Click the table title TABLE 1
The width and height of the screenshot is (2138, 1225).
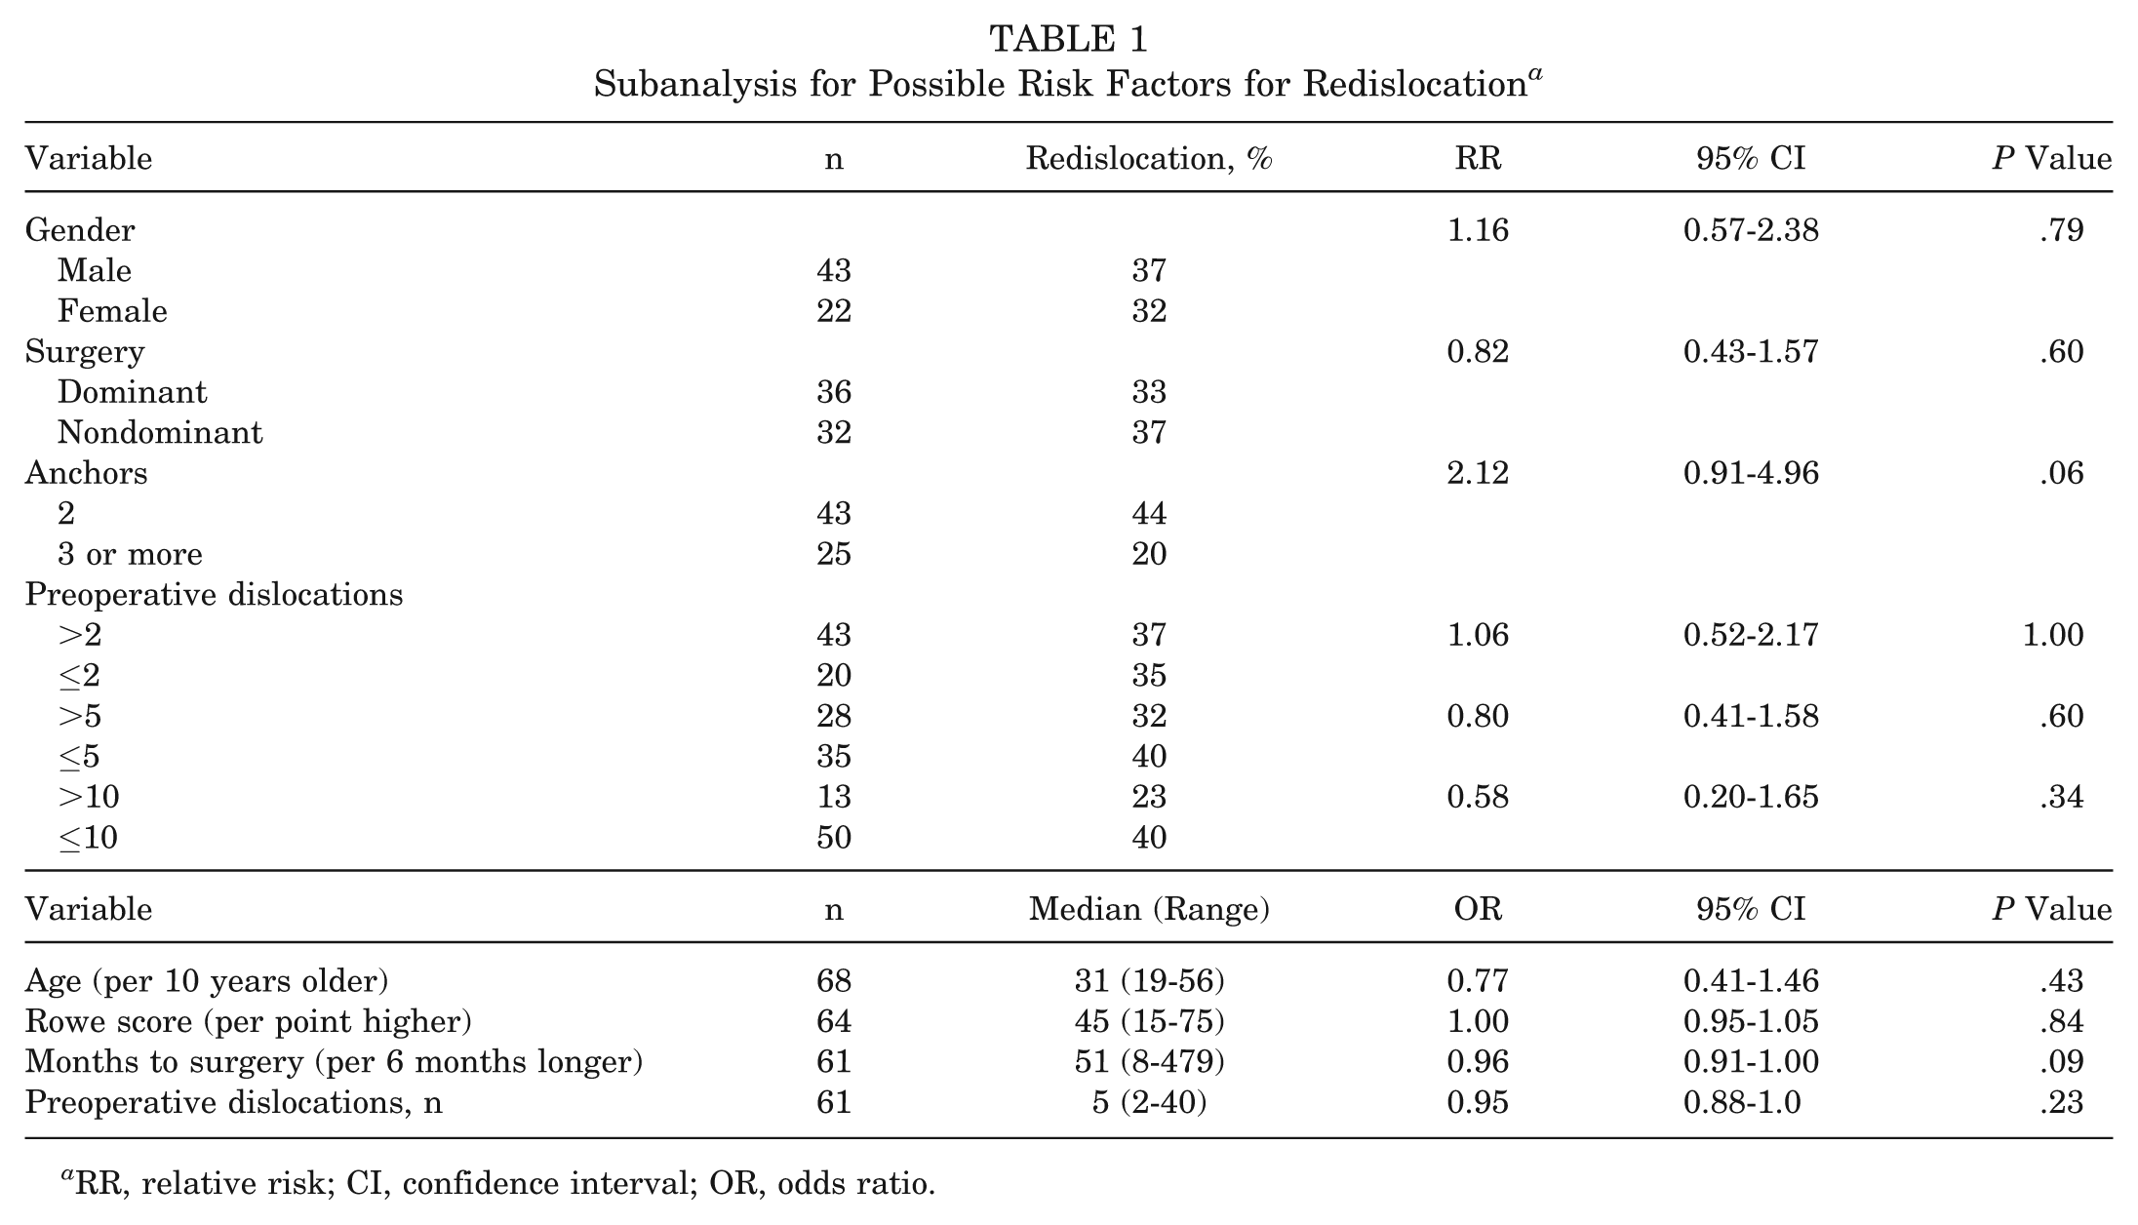1068,40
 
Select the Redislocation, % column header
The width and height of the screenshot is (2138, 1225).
1149,158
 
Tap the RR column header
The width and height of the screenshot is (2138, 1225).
1478,158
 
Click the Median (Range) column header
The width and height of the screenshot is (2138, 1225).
1149,909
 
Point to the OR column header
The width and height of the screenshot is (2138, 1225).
1478,909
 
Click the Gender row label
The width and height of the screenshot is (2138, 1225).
80,230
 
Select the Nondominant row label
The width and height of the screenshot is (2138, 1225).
160,432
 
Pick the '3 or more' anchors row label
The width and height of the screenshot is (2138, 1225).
130,554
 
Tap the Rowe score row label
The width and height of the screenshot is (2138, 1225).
249,1021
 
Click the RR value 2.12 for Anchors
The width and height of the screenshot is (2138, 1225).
1478,473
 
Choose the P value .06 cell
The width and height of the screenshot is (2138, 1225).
2061,473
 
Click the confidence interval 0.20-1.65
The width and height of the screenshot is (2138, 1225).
1751,797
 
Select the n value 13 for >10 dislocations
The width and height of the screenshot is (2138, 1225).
834,797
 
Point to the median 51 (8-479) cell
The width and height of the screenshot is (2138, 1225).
1149,1061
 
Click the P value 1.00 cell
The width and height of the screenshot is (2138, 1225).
2053,635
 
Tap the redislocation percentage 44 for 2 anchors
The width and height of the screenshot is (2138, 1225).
1149,513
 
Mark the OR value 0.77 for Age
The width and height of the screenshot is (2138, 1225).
1478,980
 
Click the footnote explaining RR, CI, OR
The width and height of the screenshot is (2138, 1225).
497,1182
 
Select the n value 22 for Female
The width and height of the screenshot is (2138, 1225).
834,311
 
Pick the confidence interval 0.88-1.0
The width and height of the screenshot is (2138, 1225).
1742,1102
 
